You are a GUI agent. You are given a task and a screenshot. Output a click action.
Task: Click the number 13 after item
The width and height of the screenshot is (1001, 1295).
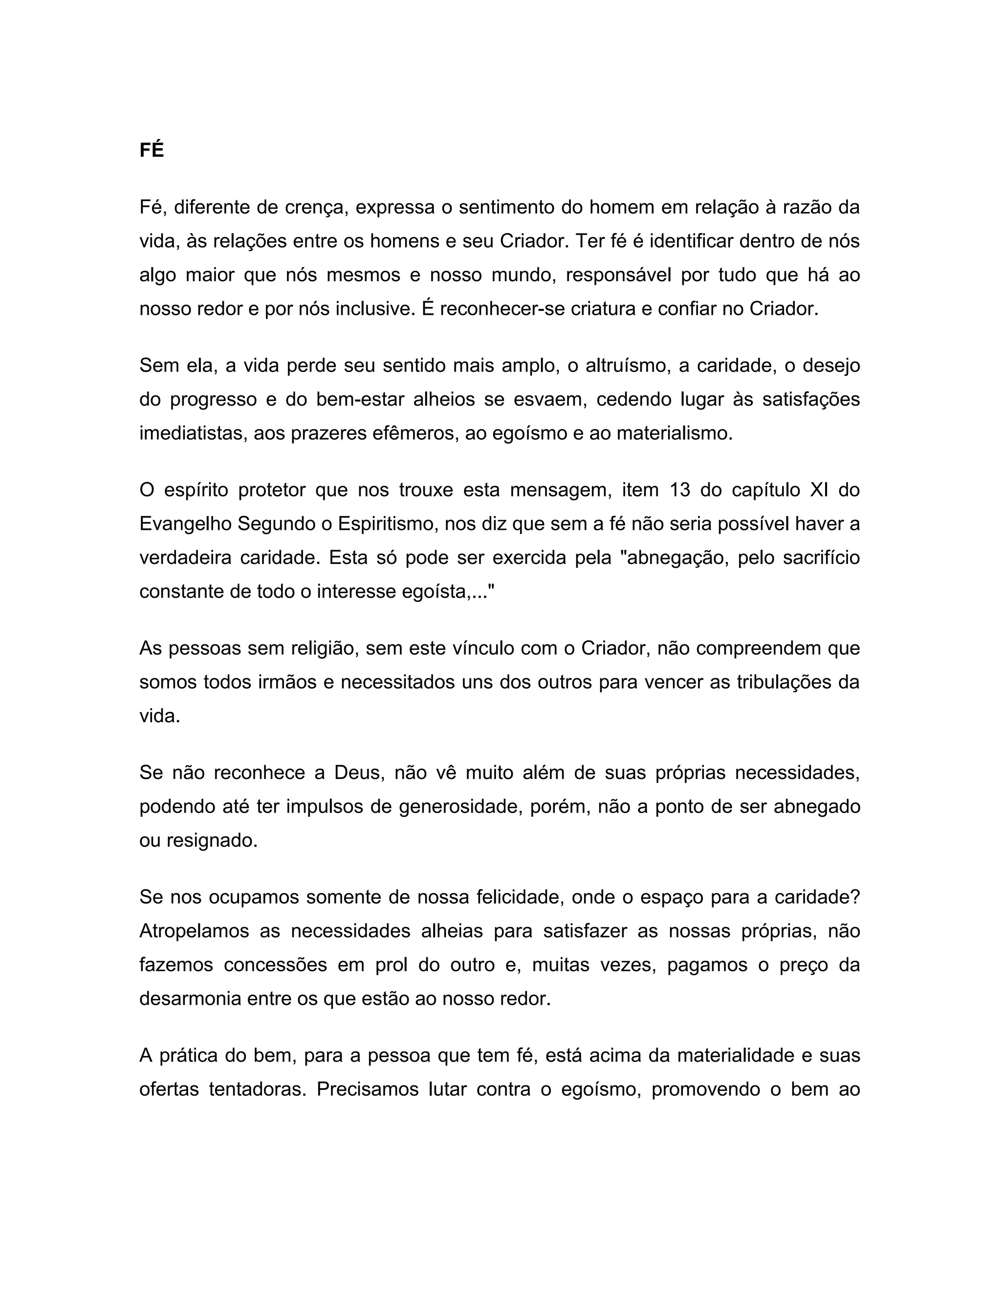(x=680, y=490)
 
